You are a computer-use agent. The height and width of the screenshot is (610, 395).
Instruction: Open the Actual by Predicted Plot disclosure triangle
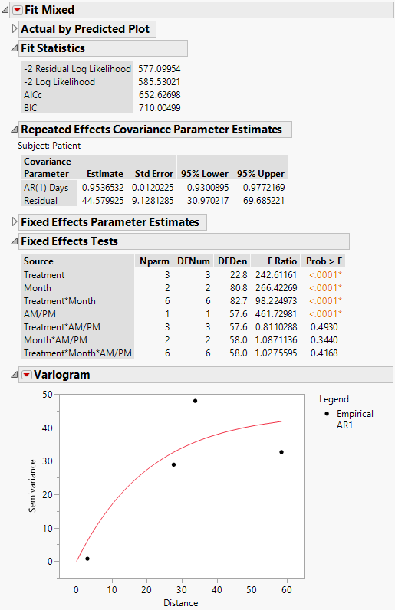click(x=15, y=29)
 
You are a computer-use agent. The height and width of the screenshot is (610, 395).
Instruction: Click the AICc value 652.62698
click(x=159, y=95)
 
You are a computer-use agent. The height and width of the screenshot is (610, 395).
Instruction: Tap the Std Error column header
click(x=152, y=174)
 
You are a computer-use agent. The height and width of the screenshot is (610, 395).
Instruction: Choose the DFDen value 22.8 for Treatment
click(x=236, y=274)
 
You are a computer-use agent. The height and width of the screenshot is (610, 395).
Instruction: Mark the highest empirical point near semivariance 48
click(x=195, y=401)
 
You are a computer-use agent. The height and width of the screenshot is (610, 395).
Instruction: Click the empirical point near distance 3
click(x=87, y=559)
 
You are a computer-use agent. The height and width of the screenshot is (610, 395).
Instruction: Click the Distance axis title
click(x=181, y=602)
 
